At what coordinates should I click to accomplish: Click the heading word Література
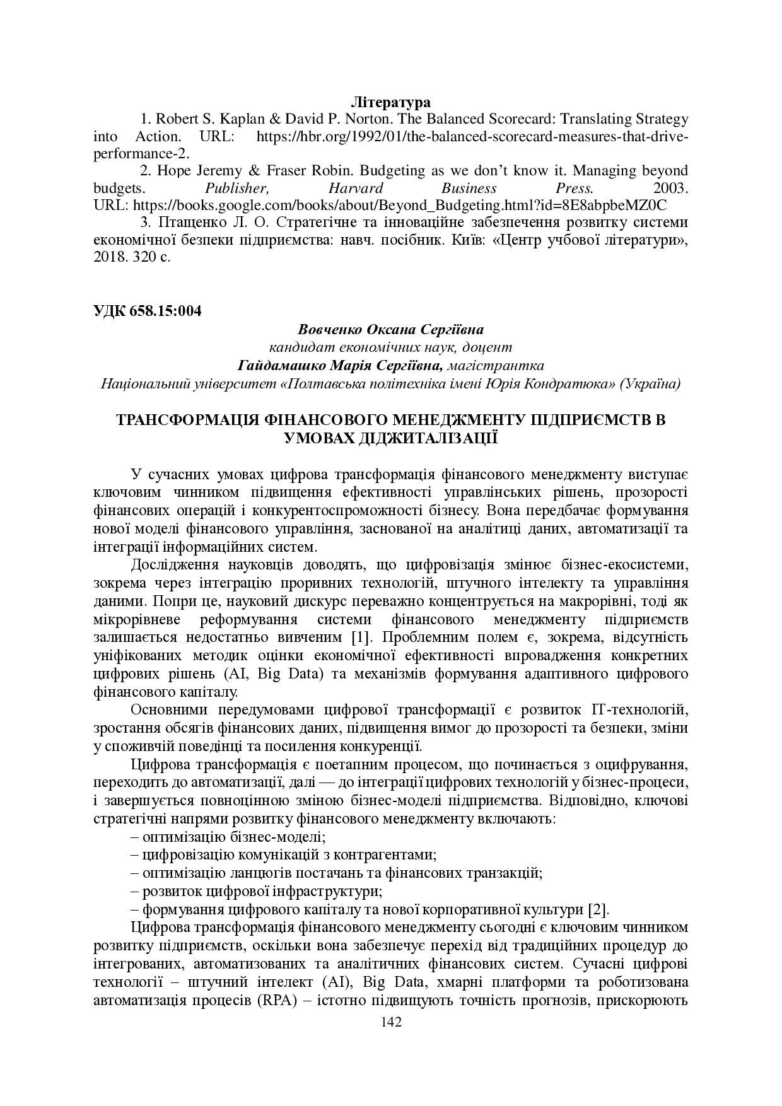(390, 102)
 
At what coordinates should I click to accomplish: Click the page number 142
(391, 1022)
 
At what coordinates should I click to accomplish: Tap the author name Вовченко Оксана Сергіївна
(390, 329)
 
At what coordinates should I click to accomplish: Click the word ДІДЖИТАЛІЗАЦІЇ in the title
(392, 438)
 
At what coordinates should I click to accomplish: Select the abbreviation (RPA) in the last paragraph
(277, 1002)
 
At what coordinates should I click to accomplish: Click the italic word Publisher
(237, 188)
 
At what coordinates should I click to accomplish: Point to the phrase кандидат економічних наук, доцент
(390, 347)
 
